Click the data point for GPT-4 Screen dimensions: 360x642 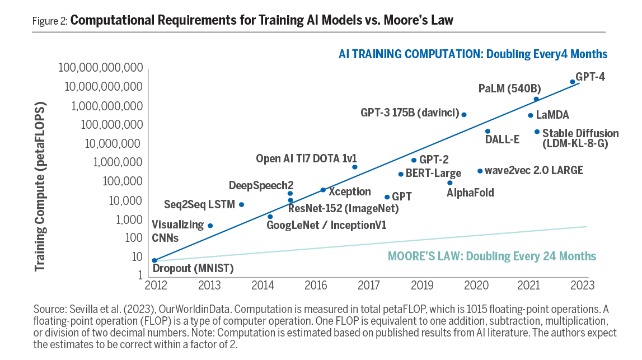[x=572, y=82]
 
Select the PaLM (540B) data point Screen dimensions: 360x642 [x=536, y=99]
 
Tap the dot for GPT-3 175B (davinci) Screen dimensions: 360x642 [x=463, y=115]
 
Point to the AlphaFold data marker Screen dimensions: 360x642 [x=449, y=183]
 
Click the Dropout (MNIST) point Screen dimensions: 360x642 [x=154, y=260]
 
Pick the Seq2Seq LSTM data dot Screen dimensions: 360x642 [x=241, y=204]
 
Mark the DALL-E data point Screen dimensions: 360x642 [x=488, y=132]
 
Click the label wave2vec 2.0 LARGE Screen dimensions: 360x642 [x=534, y=170]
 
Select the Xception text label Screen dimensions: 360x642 [x=349, y=191]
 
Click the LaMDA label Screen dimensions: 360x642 [x=552, y=115]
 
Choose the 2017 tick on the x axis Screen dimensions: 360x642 [x=369, y=286]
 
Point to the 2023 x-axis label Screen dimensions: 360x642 [x=582, y=286]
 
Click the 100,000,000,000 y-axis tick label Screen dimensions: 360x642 [x=101, y=68]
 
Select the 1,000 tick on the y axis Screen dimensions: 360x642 [x=129, y=219]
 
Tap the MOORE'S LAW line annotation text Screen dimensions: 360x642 [x=492, y=256]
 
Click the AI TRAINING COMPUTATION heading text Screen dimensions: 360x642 [x=473, y=54]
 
